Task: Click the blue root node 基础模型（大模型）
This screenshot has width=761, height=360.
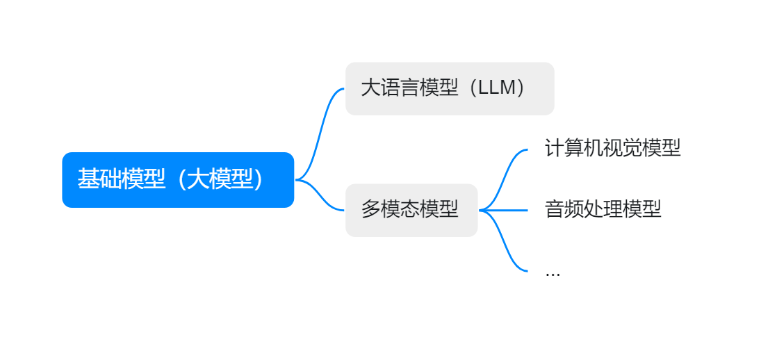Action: pos(178,179)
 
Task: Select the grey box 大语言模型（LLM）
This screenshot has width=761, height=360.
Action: pos(450,88)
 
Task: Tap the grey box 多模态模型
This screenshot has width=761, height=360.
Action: pos(411,210)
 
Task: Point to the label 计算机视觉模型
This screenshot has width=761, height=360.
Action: pos(612,148)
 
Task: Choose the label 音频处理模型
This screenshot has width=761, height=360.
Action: pos(603,209)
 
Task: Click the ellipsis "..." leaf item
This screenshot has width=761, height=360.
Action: pos(553,272)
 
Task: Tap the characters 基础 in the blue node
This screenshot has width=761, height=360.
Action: pos(99,179)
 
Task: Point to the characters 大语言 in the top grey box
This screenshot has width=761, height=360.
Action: pos(391,88)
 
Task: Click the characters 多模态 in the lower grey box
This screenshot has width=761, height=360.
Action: pos(391,210)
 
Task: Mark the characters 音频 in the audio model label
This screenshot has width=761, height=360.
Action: pos(564,209)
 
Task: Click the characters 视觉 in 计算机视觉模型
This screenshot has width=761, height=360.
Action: pos(632,148)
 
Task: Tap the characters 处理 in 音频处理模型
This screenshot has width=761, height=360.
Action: pos(603,209)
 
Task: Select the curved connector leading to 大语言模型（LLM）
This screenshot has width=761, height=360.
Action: pos(320,132)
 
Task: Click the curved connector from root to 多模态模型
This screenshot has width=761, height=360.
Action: pos(321,196)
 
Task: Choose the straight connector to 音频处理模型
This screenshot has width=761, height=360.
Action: pos(511,210)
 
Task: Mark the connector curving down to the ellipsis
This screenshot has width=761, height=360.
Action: pos(505,243)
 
